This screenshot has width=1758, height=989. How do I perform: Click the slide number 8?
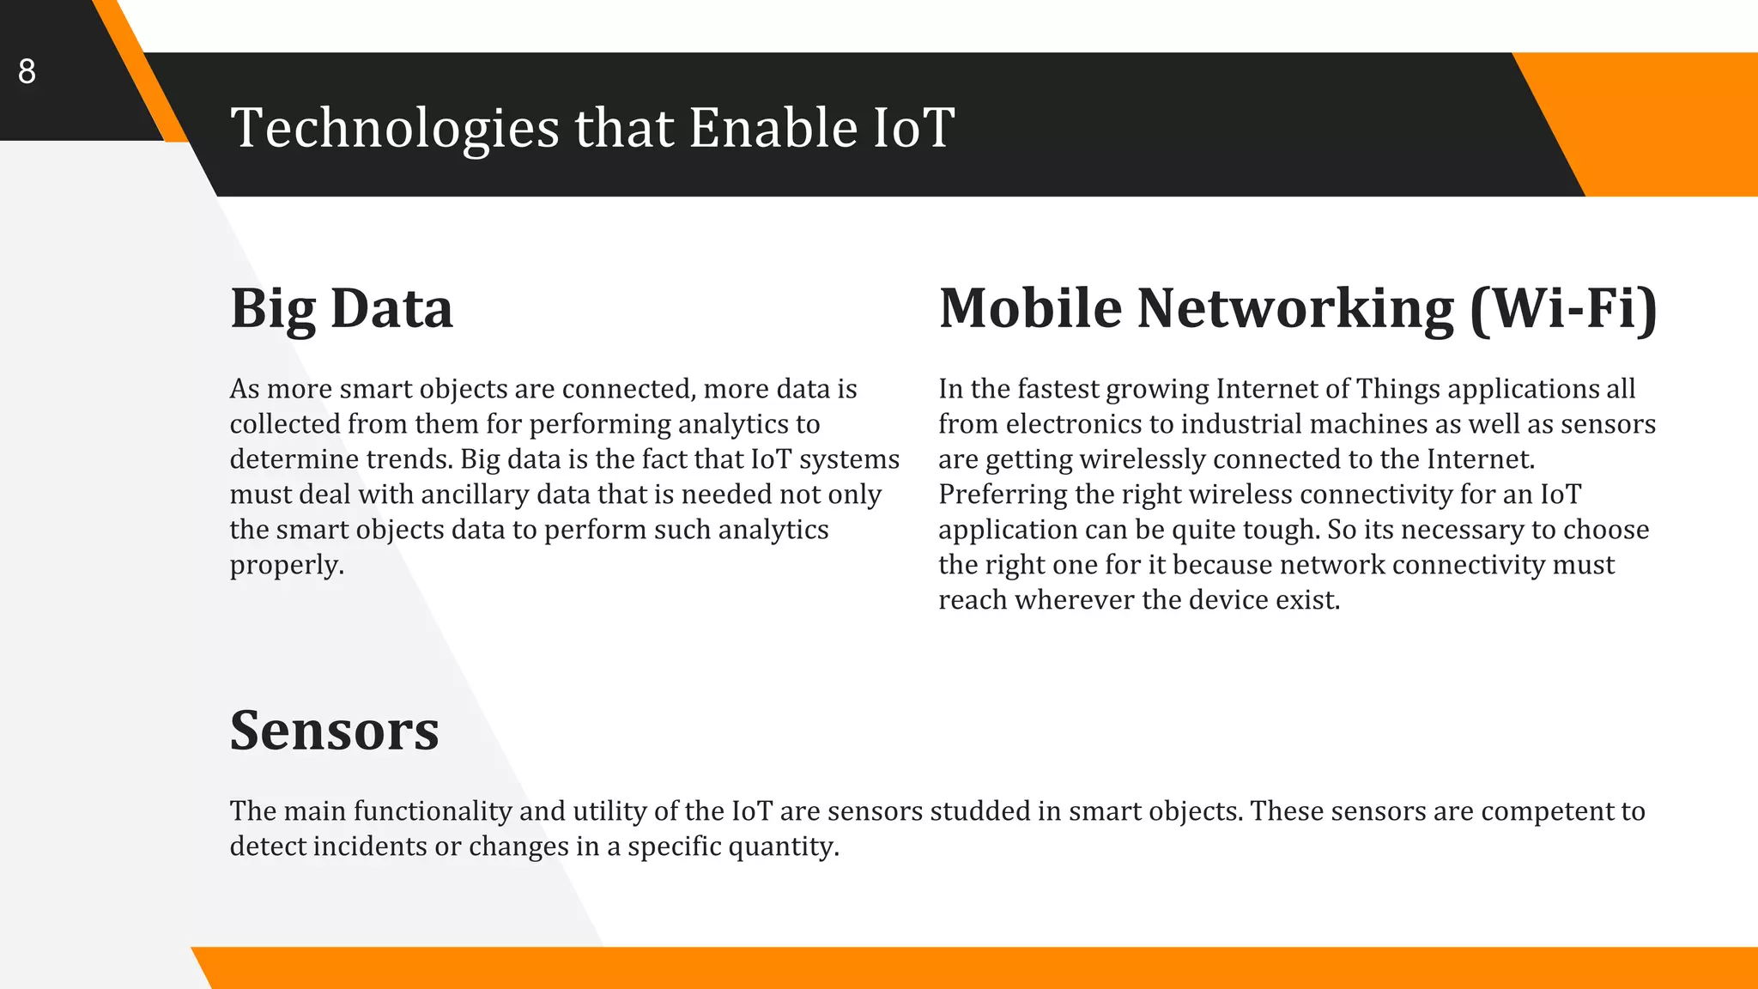coord(27,71)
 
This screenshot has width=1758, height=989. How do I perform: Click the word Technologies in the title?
coord(395,129)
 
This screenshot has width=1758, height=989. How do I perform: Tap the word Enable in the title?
coord(773,129)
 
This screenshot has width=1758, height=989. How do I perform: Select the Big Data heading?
coord(341,308)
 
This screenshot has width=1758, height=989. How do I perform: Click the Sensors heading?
coord(334,731)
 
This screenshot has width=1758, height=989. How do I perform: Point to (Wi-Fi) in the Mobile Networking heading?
coord(1563,308)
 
